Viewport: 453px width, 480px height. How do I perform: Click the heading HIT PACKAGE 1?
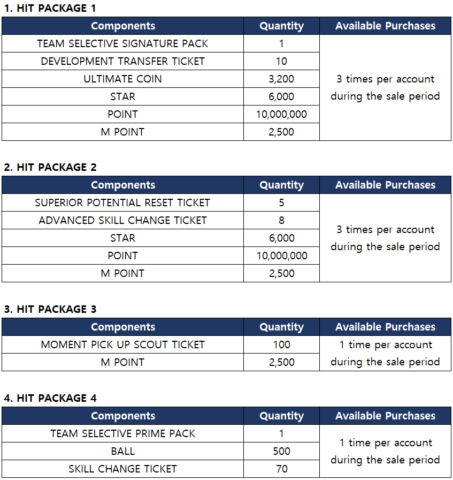pyautogui.click(x=45, y=8)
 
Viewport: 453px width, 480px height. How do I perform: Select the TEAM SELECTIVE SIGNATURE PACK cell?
pyautogui.click(x=122, y=43)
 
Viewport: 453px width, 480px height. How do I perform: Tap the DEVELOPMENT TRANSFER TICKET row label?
pyautogui.click(x=122, y=61)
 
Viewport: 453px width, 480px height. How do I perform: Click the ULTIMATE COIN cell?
pyautogui.click(x=122, y=79)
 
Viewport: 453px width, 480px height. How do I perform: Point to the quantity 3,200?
pyautogui.click(x=281, y=79)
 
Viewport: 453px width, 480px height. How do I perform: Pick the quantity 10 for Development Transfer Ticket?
pyautogui.click(x=281, y=61)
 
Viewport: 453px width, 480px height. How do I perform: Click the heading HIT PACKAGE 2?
pyautogui.click(x=50, y=167)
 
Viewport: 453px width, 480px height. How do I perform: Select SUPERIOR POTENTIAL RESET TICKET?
pyautogui.click(x=122, y=202)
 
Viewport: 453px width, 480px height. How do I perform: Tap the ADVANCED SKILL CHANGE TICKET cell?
pyautogui.click(x=122, y=220)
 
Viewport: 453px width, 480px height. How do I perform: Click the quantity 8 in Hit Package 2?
pyautogui.click(x=281, y=220)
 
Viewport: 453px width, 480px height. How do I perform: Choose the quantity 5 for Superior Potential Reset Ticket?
pyautogui.click(x=281, y=202)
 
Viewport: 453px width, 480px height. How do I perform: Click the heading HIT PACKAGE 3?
pyautogui.click(x=50, y=309)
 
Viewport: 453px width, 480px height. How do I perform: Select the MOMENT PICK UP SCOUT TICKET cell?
pyautogui.click(x=122, y=344)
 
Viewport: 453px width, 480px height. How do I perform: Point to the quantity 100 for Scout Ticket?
pyautogui.click(x=281, y=344)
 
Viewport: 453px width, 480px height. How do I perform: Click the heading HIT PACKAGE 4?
pyautogui.click(x=50, y=398)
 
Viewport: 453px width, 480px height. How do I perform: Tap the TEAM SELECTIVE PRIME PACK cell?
pyautogui.click(x=122, y=433)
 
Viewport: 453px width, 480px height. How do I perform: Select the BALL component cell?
pyautogui.click(x=122, y=451)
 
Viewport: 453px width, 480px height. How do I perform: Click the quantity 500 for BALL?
pyautogui.click(x=281, y=451)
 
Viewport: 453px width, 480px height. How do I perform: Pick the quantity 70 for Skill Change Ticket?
pyautogui.click(x=281, y=469)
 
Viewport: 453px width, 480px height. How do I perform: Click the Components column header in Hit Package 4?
pyautogui.click(x=122, y=416)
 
